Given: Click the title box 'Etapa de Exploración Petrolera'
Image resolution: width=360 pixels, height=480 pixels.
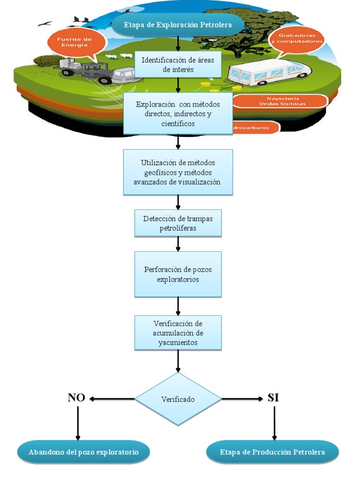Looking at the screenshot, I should point(178,24).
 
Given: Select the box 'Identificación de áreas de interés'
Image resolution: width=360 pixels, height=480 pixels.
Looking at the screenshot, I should point(178,65).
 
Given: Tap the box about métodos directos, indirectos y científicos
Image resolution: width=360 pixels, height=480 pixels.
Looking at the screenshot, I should point(178,113).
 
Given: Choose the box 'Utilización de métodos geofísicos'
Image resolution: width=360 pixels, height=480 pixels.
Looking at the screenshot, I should point(178,172).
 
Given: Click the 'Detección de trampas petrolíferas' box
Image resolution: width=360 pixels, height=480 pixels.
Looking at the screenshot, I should point(178,223).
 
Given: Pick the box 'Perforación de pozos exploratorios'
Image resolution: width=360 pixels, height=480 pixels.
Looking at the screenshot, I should point(178,274).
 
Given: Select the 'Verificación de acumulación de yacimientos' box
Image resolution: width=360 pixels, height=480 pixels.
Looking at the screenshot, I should point(178,333).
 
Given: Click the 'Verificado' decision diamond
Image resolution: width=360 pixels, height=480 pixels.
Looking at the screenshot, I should point(178,399).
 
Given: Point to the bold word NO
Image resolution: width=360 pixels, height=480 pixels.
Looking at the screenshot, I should point(76,398).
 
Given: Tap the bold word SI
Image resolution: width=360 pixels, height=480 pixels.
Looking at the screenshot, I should point(273,398).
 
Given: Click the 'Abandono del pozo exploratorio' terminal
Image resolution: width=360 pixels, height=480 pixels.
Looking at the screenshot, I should point(83,452).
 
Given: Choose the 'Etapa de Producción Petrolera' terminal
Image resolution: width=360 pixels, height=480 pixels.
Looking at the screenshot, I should point(272,452).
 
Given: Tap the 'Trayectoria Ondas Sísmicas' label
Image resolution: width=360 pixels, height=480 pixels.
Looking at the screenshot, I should point(279,101).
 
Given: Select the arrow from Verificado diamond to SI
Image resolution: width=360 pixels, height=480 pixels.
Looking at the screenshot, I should point(242,399).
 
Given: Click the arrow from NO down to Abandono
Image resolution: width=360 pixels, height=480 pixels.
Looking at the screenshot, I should point(77,422).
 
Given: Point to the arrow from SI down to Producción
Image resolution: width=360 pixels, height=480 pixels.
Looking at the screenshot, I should point(274,422).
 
